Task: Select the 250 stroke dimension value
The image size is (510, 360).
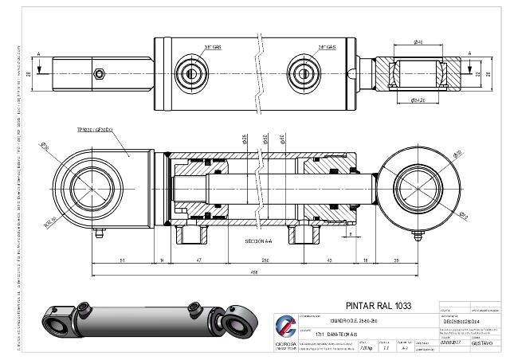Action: pyautogui.click(x=264, y=260)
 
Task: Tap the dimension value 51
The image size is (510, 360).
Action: pyautogui.click(x=121, y=260)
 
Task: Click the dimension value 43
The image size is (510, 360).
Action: pyautogui.click(x=330, y=260)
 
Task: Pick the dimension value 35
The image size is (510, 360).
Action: pyautogui.click(x=397, y=260)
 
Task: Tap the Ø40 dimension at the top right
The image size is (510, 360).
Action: pyautogui.click(x=418, y=41)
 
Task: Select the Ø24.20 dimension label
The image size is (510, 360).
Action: pyautogui.click(x=418, y=101)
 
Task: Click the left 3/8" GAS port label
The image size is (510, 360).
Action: pyautogui.click(x=213, y=48)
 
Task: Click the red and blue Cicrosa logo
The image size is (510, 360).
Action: pyautogui.click(x=284, y=327)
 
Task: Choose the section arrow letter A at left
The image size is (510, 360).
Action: pyautogui.click(x=37, y=54)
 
